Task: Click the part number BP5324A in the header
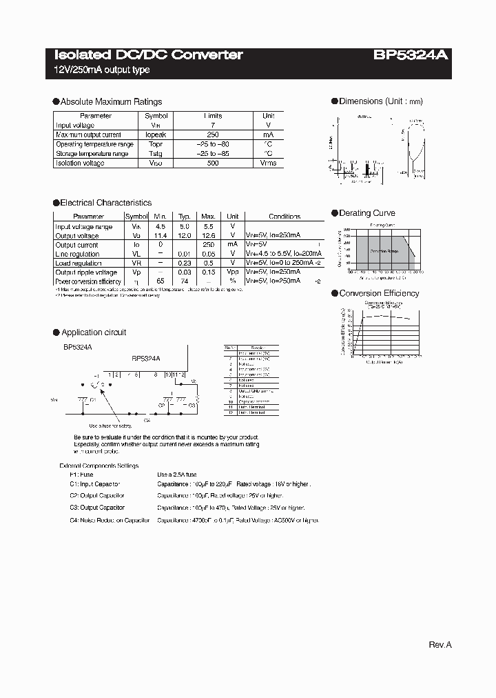[413, 55]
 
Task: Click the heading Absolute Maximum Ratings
[111, 101]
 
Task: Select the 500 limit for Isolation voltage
[213, 163]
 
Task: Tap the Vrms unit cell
[268, 163]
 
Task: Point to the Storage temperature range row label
[92, 154]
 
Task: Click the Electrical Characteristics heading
[105, 203]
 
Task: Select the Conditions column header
[285, 217]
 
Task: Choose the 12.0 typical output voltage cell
[185, 235]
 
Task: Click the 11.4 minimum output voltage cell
[160, 235]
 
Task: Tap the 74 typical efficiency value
[185, 281]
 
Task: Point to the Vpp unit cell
[234, 272]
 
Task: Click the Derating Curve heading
[367, 213]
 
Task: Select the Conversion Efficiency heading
[379, 293]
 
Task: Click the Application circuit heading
[94, 332]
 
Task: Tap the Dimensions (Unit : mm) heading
[381, 101]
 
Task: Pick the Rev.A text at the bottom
[440, 644]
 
